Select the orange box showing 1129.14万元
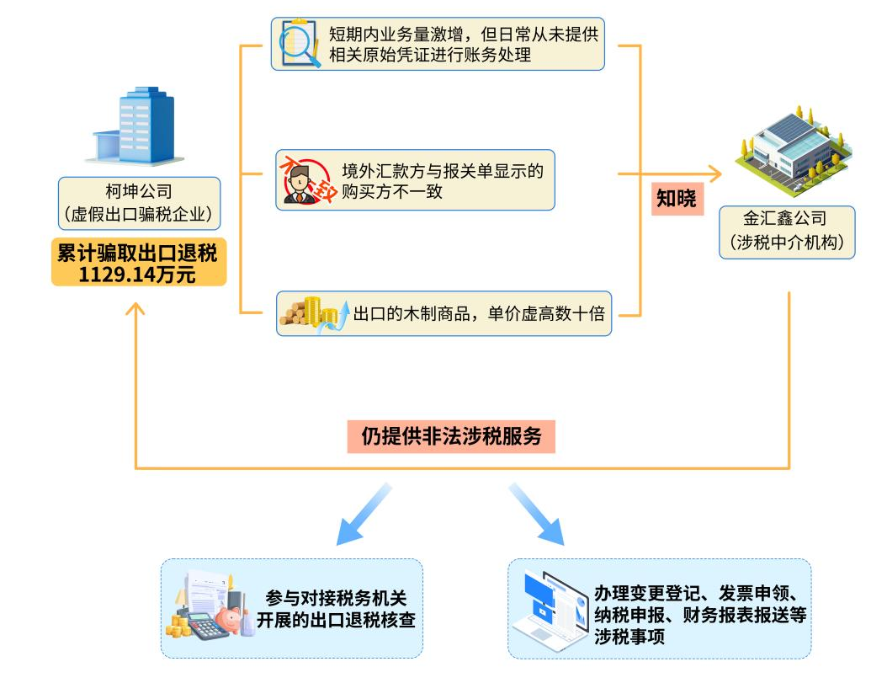(x=139, y=264)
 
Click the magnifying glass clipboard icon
(x=300, y=45)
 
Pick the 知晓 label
(x=677, y=199)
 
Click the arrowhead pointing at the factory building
(x=715, y=174)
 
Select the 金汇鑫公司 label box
(x=787, y=232)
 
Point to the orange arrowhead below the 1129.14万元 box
(x=136, y=309)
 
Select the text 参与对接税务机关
(x=337, y=598)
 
